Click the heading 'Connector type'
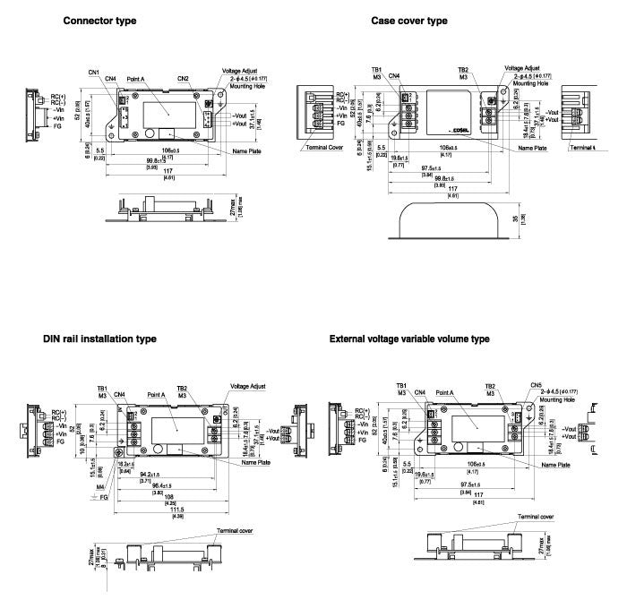click(99, 21)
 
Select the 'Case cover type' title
click(409, 21)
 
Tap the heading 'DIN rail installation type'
click(99, 339)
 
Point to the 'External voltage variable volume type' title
click(409, 339)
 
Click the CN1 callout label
click(94, 72)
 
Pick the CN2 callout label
click(183, 79)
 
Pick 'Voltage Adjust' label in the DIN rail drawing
click(247, 386)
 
